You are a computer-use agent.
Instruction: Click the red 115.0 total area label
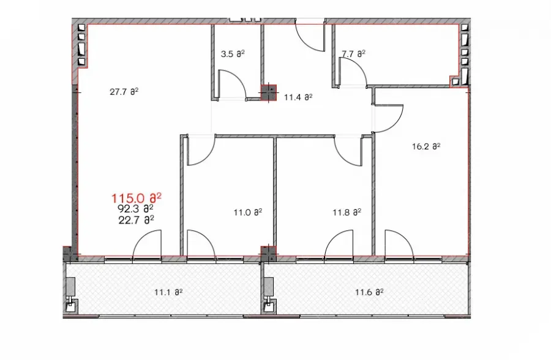click(137, 198)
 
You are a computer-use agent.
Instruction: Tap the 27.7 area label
click(124, 92)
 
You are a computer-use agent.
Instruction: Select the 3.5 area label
click(233, 54)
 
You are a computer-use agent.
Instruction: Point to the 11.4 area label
click(298, 97)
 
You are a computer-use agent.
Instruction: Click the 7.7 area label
click(353, 54)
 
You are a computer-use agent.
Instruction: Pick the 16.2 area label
click(426, 146)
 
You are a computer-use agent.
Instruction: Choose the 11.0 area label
click(248, 212)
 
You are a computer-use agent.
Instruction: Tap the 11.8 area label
click(347, 212)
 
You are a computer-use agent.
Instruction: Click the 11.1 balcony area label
click(168, 292)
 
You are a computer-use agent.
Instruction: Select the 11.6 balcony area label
click(369, 292)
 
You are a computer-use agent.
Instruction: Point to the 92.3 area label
click(135, 209)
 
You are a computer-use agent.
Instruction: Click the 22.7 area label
click(136, 220)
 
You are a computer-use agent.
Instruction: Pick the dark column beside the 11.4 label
click(269, 93)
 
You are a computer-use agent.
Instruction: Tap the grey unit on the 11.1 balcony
click(70, 286)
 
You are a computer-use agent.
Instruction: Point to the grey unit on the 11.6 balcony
click(269, 286)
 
